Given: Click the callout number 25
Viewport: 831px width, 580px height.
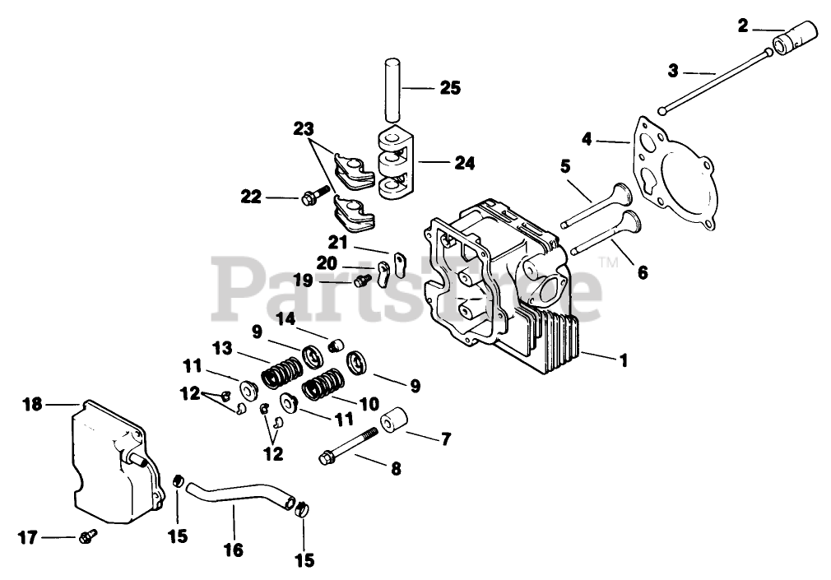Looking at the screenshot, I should click(449, 87).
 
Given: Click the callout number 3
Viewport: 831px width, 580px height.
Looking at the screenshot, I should click(673, 71).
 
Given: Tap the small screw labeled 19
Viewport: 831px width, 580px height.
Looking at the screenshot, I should click(359, 281).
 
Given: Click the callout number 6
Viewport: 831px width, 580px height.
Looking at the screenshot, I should click(642, 271).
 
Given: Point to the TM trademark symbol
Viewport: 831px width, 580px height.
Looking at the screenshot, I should click(608, 263).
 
